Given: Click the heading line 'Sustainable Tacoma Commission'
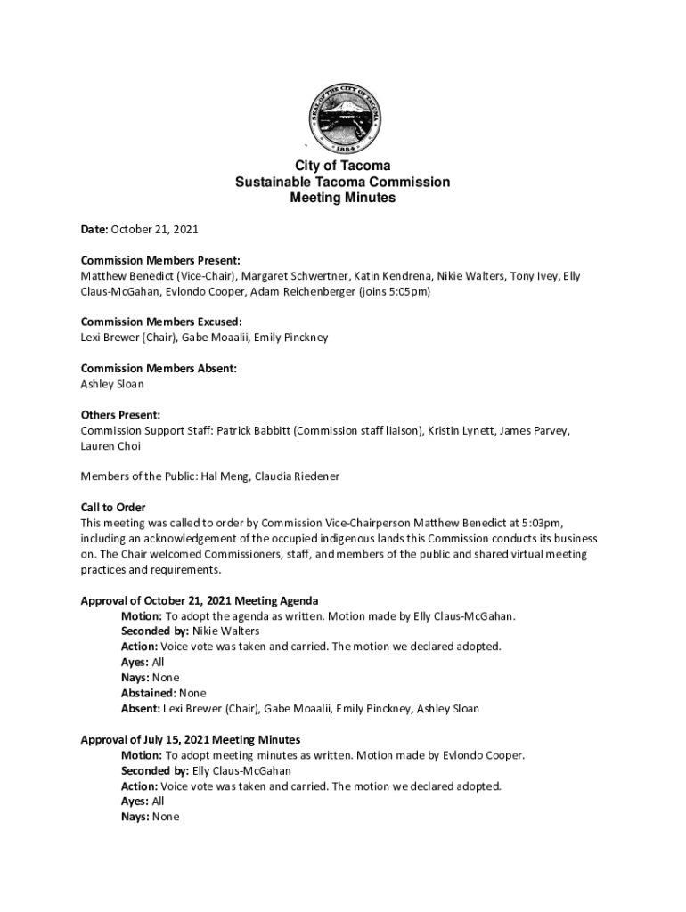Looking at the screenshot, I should click(343, 183).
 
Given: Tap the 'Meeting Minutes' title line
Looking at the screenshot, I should click(343, 199).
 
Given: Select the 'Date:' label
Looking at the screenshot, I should click(94, 230).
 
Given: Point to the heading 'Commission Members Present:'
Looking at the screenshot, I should click(160, 261).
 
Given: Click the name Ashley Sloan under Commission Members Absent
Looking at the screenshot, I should click(111, 384).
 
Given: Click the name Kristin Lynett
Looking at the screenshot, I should click(460, 431).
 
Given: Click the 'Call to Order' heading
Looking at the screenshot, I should click(113, 508).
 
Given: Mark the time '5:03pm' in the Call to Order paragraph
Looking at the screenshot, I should click(542, 523).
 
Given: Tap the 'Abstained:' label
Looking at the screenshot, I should click(149, 693).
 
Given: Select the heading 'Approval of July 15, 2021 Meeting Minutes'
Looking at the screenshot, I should click(191, 740).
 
